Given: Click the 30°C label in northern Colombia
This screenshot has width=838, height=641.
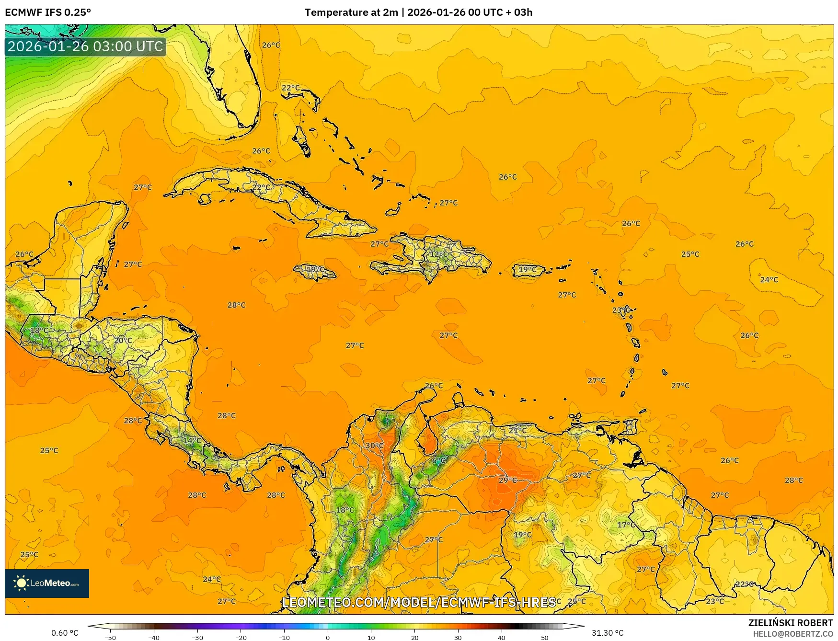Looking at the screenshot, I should pyautogui.click(x=375, y=446).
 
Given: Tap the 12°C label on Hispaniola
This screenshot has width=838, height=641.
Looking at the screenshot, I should pyautogui.click(x=438, y=254).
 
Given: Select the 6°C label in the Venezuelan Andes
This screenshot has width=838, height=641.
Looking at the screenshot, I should pyautogui.click(x=439, y=460).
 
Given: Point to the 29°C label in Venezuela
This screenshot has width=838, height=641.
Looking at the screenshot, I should pyautogui.click(x=508, y=480).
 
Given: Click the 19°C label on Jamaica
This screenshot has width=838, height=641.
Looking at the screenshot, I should pyautogui.click(x=315, y=269).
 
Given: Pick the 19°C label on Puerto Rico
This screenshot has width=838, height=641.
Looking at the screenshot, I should pyautogui.click(x=528, y=270).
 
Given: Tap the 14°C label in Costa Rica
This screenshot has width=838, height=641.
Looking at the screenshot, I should pyautogui.click(x=193, y=440).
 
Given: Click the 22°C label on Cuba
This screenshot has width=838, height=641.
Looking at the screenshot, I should pyautogui.click(x=261, y=187).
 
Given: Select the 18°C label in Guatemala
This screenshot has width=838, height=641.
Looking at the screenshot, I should pyautogui.click(x=39, y=331).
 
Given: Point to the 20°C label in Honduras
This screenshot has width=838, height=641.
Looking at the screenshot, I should pyautogui.click(x=123, y=341).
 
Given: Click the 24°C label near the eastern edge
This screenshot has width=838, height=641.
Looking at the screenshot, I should pyautogui.click(x=769, y=280).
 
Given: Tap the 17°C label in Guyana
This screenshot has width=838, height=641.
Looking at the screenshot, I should pyautogui.click(x=626, y=525).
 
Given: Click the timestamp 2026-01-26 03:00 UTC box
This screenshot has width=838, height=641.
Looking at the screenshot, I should pyautogui.click(x=85, y=46).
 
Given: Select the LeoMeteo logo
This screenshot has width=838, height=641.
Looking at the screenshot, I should pyautogui.click(x=47, y=583).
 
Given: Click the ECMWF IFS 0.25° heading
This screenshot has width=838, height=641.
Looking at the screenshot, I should pyautogui.click(x=48, y=12).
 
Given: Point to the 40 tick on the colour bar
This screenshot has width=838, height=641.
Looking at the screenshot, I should pyautogui.click(x=501, y=637).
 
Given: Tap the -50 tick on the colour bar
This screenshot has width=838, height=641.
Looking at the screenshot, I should pyautogui.click(x=110, y=637).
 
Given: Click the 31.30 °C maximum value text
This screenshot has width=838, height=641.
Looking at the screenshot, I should pyautogui.click(x=608, y=633).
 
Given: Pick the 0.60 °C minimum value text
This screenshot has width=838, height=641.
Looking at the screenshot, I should pyautogui.click(x=65, y=633).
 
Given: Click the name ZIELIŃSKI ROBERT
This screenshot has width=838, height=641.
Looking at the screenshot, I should pyautogui.click(x=791, y=623).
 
